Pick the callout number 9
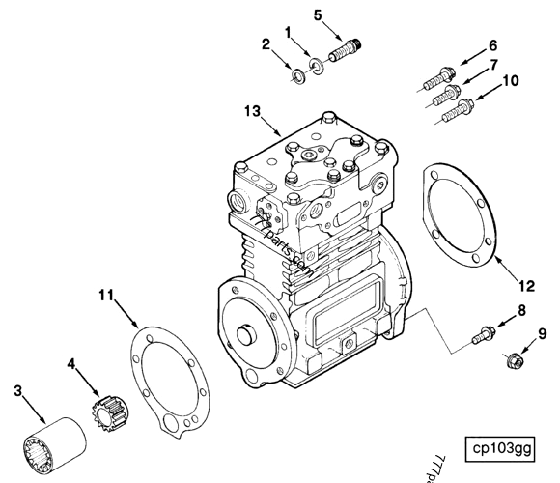[x=542, y=334]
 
